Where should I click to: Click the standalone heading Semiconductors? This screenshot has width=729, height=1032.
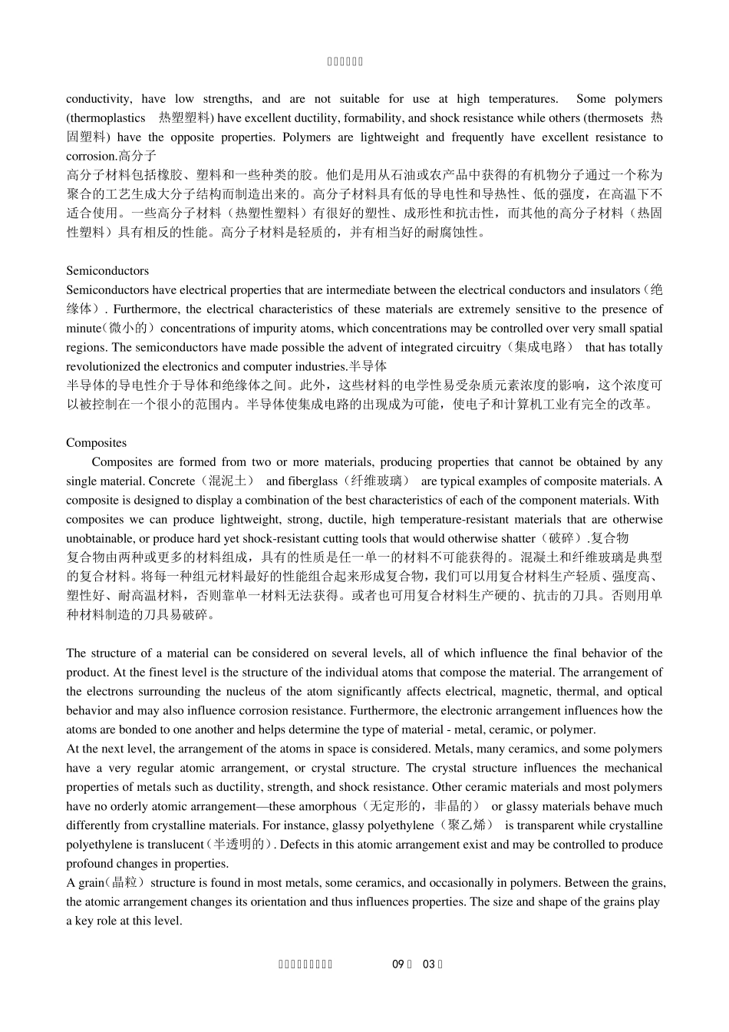click(x=107, y=271)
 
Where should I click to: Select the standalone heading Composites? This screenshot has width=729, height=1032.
click(x=96, y=443)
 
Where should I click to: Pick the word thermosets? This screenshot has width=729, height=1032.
click(x=618, y=118)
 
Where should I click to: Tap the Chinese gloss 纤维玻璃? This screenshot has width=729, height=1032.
click(x=374, y=481)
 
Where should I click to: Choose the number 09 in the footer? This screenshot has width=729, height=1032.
click(x=397, y=964)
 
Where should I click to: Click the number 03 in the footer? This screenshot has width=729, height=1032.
click(x=429, y=964)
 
